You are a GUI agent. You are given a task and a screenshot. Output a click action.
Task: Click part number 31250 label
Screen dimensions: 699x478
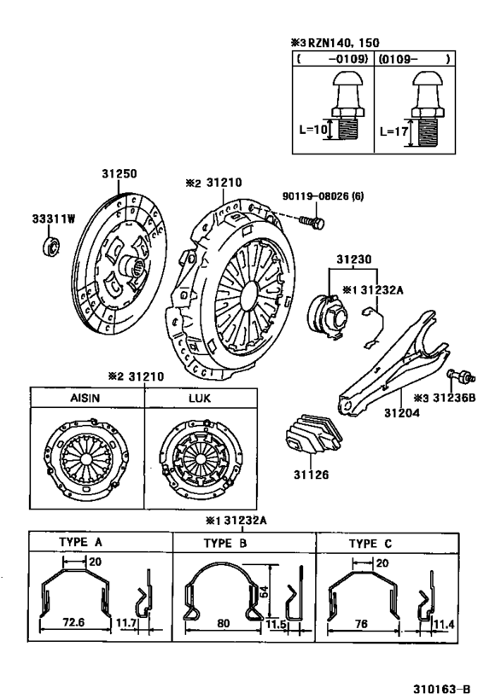(119, 173)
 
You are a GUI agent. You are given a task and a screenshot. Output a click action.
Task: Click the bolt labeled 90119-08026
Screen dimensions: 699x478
(312, 222)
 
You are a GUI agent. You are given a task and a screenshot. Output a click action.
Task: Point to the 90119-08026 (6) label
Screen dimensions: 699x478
(323, 196)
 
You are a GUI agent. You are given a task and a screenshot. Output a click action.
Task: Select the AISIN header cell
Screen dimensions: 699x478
(86, 399)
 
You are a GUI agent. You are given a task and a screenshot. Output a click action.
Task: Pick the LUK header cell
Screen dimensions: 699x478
(200, 399)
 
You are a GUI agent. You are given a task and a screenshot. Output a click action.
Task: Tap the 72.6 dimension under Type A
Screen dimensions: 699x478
(74, 624)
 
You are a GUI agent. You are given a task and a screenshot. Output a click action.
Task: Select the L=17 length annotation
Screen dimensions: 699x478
(393, 132)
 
